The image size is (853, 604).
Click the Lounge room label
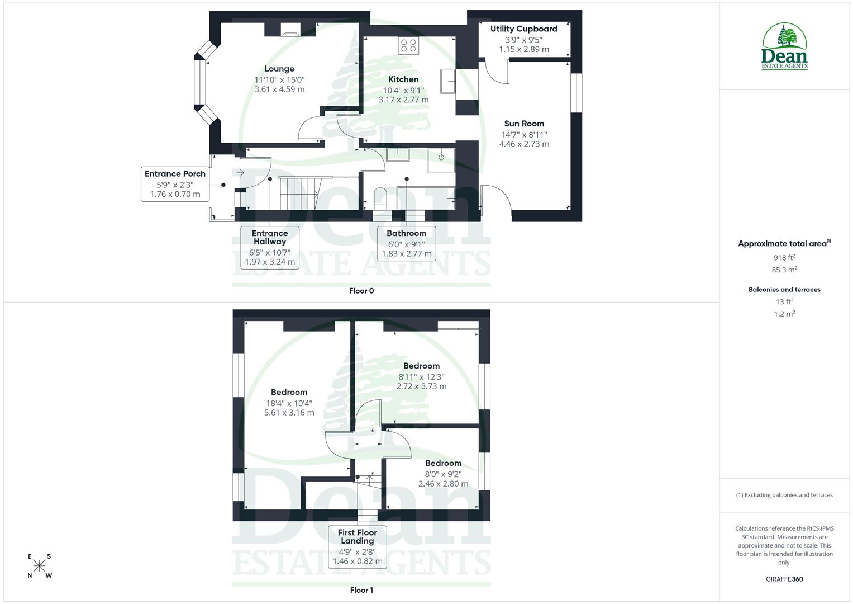[x=279, y=69]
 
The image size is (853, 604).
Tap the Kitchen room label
[x=403, y=79]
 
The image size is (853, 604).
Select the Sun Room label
[x=524, y=124]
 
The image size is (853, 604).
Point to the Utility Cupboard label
[x=524, y=29]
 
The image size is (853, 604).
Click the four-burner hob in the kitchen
[x=408, y=46]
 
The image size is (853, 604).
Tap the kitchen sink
[x=447, y=82]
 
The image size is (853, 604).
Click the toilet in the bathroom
[x=380, y=199]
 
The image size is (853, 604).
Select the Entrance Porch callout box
[x=175, y=184]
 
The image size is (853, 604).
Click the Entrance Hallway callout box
[x=270, y=247]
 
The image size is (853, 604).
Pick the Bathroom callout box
[x=407, y=243]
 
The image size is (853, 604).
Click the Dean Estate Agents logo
[x=785, y=47]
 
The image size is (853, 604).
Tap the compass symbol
[x=39, y=566]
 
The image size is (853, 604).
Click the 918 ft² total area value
[x=784, y=258]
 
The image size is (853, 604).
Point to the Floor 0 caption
[x=361, y=291]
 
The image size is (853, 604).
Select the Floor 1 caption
[x=361, y=590]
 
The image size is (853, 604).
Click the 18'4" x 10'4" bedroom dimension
[x=289, y=403]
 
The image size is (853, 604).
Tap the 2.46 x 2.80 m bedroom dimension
[x=443, y=484]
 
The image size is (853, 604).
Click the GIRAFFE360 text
[x=784, y=579]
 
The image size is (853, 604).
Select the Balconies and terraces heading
[x=784, y=290]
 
